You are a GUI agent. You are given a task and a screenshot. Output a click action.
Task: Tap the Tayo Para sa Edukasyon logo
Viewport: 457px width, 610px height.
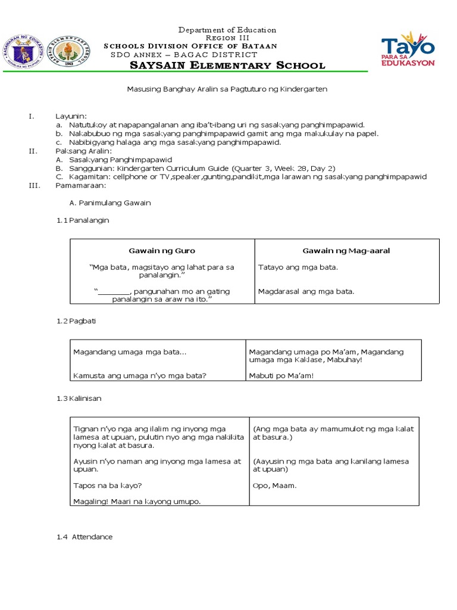pos(408,49)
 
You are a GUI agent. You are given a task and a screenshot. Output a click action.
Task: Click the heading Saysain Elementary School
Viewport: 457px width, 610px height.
pos(228,66)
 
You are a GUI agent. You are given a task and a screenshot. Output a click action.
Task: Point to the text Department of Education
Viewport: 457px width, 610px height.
pos(228,30)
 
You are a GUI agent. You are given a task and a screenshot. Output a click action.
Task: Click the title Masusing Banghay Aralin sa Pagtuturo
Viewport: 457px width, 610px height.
pos(228,89)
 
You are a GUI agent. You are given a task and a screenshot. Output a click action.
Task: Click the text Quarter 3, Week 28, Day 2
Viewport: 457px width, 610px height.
pos(284,169)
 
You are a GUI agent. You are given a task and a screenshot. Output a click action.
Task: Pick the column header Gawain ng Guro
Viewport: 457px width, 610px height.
pos(162,251)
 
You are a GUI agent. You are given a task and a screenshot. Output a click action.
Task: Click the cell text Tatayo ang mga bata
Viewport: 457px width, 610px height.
pos(298,267)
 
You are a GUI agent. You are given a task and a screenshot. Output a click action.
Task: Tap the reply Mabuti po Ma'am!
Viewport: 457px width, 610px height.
pos(280,376)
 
